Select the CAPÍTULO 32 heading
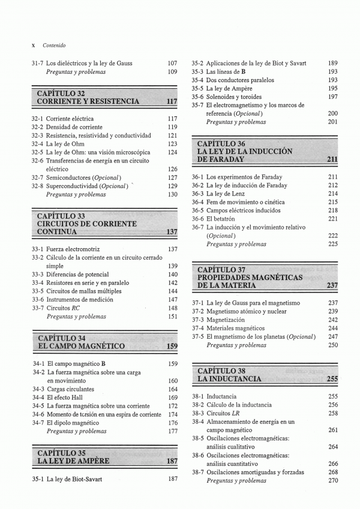coord(61,94)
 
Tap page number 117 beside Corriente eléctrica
coord(172,119)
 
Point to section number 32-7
coord(38,177)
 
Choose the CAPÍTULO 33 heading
coord(61,216)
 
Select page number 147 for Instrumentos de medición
coord(173,300)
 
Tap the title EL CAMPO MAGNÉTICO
coord(81,347)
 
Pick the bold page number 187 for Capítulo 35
coord(172,462)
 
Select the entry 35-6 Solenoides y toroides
coord(226,97)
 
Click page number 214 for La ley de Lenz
coord(333,194)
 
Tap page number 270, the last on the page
coord(333,480)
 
